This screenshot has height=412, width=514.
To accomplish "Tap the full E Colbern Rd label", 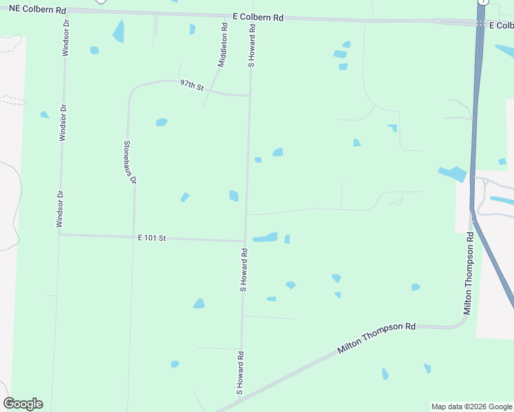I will tap(258, 17).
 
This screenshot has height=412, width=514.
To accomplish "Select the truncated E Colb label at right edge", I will tap(501, 25).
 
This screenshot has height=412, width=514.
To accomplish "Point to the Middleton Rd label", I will tap(223, 45).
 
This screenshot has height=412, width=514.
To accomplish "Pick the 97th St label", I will tap(192, 85).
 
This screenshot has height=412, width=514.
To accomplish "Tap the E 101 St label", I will tap(152, 238).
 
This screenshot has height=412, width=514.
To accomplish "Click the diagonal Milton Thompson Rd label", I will tap(377, 339).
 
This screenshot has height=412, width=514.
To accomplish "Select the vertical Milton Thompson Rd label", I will tap(468, 273).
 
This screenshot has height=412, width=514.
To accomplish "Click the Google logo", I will tap(23, 404).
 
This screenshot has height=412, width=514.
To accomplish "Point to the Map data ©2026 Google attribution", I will tap(471, 407).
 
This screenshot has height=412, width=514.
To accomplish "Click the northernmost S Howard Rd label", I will tap(252, 46).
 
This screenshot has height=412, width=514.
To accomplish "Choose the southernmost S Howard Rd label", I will tap(241, 372).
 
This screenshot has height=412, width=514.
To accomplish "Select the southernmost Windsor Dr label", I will tap(60, 205).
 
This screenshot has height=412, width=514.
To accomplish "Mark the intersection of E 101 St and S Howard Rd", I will tap(245, 241).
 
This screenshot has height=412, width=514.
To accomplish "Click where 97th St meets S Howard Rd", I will tap(249, 95).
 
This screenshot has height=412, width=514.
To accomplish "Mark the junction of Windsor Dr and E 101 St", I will tap(60, 234).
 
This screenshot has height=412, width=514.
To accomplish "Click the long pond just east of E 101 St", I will tap(265, 238).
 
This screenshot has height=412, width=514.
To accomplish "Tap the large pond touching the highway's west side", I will tap(452, 174).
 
